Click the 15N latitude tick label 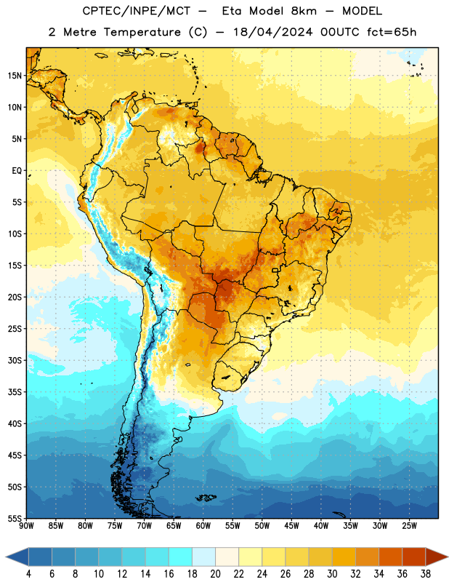(x=15, y=76)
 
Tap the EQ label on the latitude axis (x=17, y=171)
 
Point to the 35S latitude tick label (x=15, y=392)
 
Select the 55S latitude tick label (x=15, y=518)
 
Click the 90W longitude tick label (x=26, y=526)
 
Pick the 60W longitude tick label (x=203, y=526)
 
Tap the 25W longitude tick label (x=409, y=526)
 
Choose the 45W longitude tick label (x=291, y=526)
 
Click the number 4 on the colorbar (x=28, y=574)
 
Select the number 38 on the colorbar (x=426, y=574)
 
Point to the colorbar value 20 (x=215, y=574)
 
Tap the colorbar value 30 (x=332, y=574)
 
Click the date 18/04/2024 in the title (x=273, y=32)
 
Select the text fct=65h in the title (x=392, y=32)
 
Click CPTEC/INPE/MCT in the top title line (x=136, y=11)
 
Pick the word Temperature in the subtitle (x=142, y=32)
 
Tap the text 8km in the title (x=304, y=11)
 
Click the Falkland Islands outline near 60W (x=206, y=498)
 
